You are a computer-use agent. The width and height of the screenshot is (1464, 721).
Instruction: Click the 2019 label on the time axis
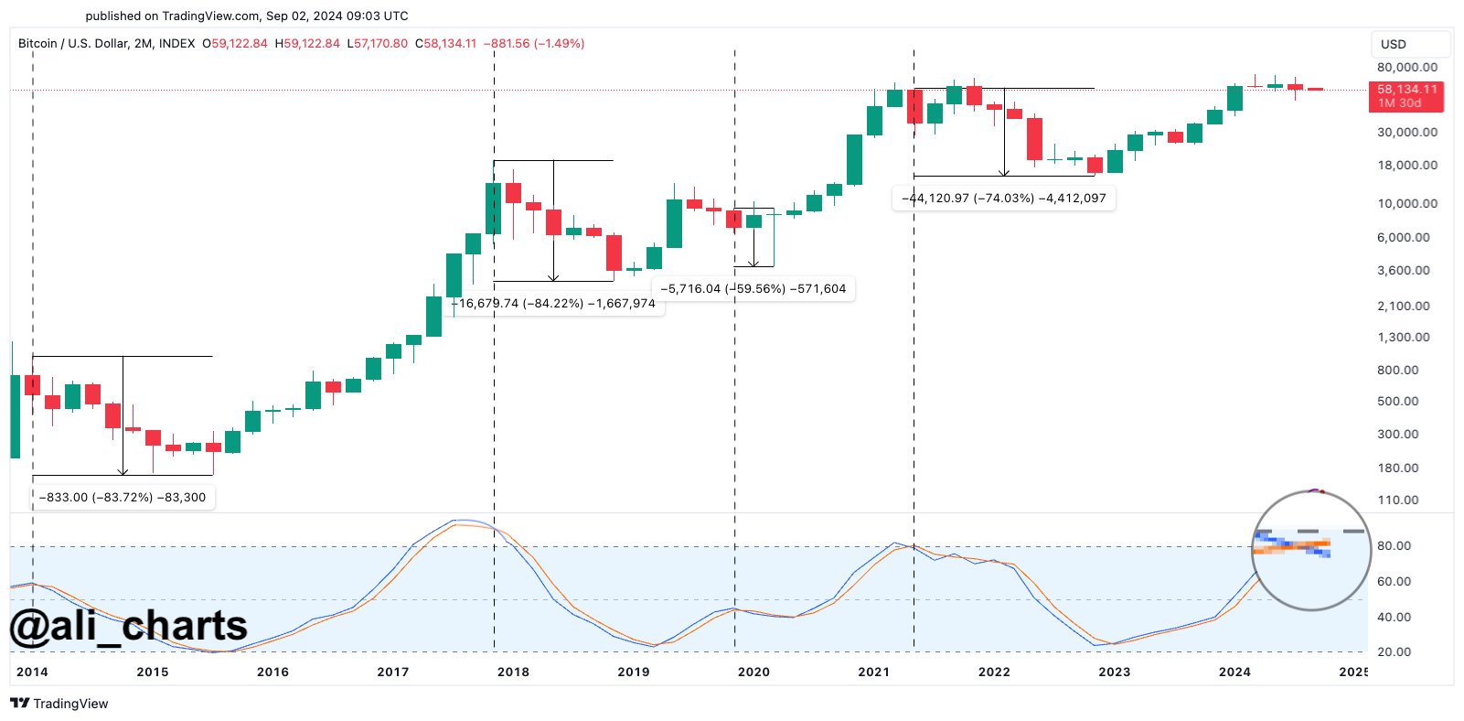click(x=633, y=672)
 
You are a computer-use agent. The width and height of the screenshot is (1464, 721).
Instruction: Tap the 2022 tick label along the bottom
click(x=994, y=672)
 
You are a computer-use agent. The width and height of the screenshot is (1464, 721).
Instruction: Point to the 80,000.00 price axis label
click(x=1406, y=68)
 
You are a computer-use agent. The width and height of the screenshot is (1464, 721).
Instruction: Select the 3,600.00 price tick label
click(x=1404, y=271)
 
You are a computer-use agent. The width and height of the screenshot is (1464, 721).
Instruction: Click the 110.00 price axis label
click(x=1398, y=500)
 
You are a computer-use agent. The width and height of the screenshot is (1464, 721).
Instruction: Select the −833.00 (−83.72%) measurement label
click(x=123, y=498)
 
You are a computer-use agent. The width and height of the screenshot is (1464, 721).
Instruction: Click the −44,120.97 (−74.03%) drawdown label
click(x=1003, y=198)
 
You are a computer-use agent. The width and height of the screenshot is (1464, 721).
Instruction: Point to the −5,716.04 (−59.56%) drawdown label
click(x=753, y=289)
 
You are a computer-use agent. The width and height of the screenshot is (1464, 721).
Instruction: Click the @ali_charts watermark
click(x=128, y=627)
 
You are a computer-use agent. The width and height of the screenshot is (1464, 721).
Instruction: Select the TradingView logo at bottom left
click(x=59, y=704)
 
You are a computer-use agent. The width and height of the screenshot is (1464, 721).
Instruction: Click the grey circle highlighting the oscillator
click(x=1310, y=551)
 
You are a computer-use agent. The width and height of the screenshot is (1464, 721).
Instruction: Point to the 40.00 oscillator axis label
click(x=1394, y=618)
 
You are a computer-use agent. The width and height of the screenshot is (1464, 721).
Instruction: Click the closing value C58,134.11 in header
click(x=445, y=44)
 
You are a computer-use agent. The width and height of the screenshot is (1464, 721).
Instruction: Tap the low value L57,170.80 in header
click(x=377, y=44)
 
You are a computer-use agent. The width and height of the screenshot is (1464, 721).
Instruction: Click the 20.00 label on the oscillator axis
click(x=1394, y=652)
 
